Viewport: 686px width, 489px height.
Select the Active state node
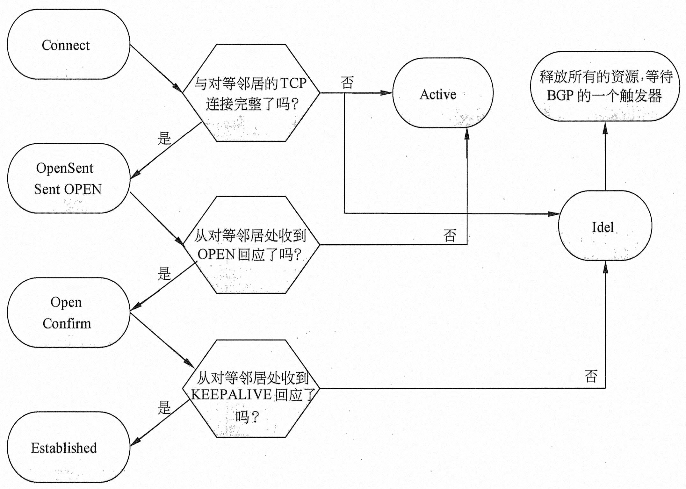coord(443,93)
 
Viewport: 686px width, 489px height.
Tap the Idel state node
coord(605,226)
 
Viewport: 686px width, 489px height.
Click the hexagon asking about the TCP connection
coord(251,93)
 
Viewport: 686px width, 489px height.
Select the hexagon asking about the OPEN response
coord(251,245)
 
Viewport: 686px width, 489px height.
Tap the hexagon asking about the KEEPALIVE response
coord(251,389)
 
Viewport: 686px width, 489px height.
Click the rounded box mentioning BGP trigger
coord(604,86)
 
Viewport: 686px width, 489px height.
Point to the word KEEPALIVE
coord(232,395)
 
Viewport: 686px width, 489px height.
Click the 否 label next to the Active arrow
coord(347,83)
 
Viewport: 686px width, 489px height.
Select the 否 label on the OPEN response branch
coord(450,235)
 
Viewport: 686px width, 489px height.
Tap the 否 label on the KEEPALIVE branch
coord(591,376)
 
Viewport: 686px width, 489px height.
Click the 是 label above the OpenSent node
coord(164,138)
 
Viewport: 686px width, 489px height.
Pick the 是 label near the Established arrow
coord(164,407)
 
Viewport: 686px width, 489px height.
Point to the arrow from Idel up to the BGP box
coord(605,156)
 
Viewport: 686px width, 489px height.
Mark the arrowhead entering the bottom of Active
coord(467,134)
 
